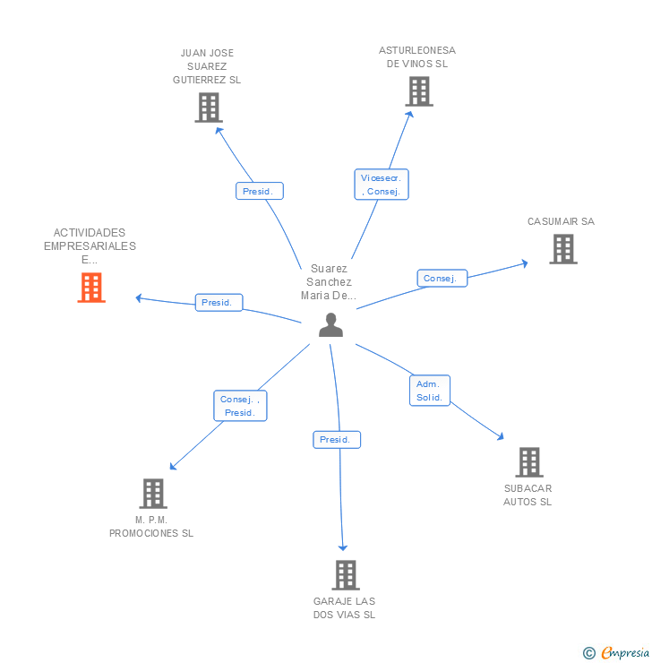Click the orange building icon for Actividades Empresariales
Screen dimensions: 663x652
[91, 288]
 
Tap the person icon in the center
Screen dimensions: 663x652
[330, 325]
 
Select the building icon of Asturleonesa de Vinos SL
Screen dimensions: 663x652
[418, 91]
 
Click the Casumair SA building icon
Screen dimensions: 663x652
[562, 249]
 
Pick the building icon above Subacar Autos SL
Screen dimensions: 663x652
[528, 462]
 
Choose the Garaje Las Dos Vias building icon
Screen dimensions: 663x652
[346, 575]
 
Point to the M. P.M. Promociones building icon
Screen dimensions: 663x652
[153, 494]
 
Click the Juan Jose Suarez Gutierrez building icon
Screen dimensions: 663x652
[208, 108]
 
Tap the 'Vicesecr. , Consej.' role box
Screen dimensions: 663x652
[382, 185]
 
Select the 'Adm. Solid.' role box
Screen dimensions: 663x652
[430, 390]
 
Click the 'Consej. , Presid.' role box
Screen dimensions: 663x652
[240, 406]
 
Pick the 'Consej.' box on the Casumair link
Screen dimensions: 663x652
[442, 279]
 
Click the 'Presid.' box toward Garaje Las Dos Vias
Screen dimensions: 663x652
[337, 440]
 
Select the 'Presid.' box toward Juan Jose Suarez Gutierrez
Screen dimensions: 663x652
[260, 191]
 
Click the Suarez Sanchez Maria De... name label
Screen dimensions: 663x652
[329, 281]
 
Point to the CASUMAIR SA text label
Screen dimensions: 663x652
[561, 221]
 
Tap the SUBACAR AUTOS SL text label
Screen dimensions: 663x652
[528, 495]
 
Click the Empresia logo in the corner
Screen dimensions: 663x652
[617, 652]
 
